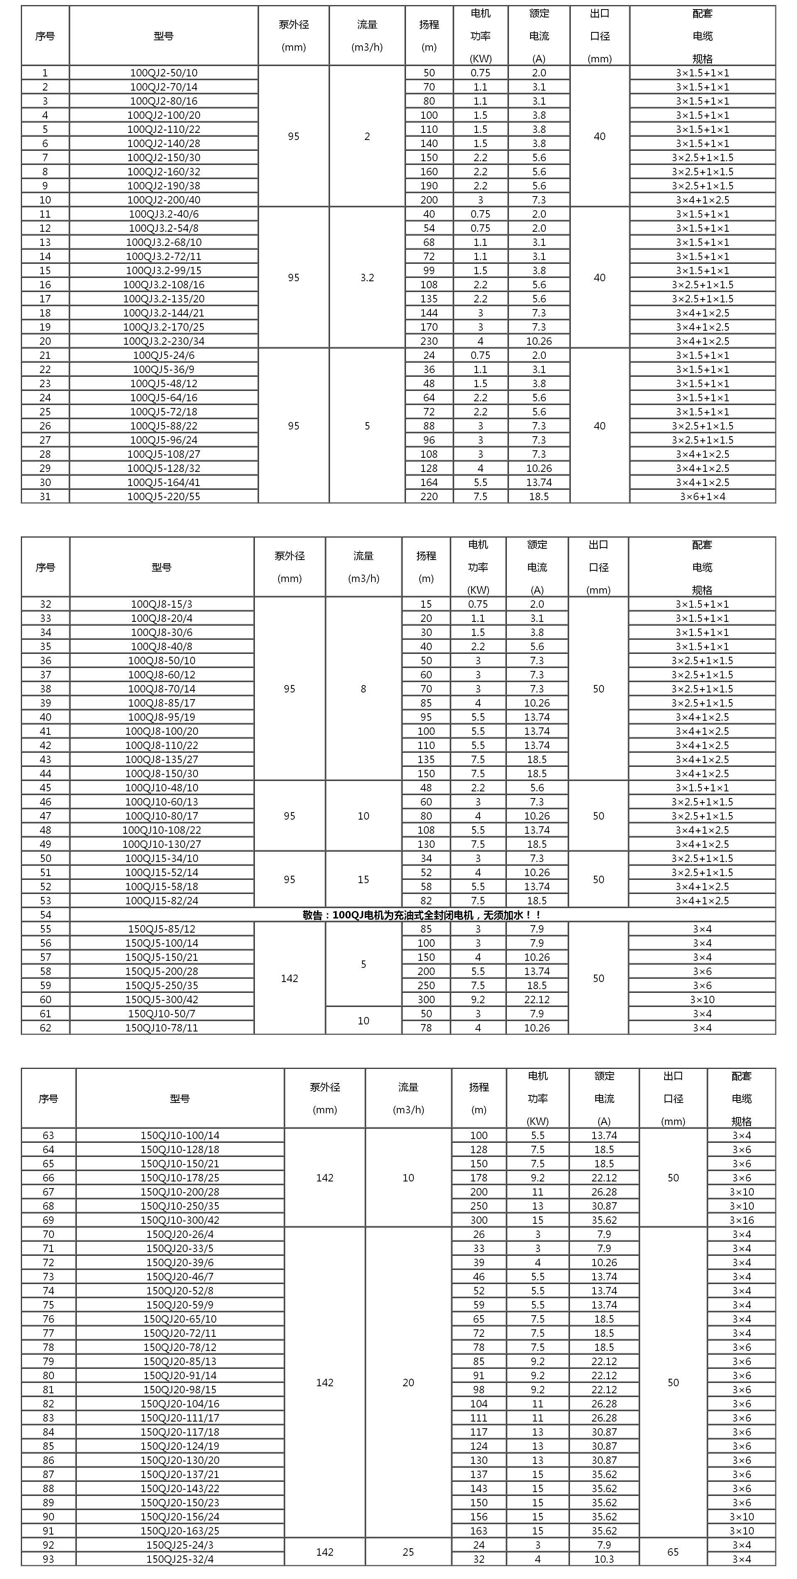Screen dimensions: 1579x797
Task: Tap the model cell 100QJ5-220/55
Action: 164,496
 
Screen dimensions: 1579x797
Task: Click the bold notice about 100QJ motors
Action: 422,915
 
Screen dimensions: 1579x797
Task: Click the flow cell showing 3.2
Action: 367,277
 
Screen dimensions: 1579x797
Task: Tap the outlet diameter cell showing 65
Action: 672,1552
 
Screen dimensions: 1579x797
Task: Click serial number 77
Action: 49,1333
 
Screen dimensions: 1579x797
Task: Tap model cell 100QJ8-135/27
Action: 162,759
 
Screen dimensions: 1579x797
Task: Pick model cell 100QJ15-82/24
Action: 162,901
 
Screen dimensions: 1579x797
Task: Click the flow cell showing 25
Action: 408,1552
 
